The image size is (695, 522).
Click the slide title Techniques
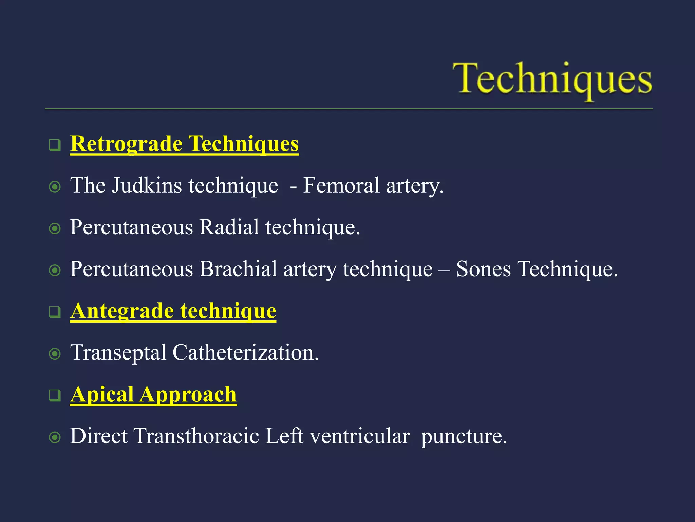click(552, 79)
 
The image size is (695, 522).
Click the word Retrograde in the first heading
click(126, 143)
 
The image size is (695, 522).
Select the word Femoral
click(341, 186)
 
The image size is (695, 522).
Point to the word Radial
click(229, 227)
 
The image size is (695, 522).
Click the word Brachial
click(238, 269)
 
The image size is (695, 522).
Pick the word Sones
click(483, 269)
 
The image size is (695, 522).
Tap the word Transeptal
click(118, 352)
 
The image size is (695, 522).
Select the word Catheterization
click(245, 352)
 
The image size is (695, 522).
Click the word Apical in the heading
click(102, 395)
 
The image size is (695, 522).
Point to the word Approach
click(188, 395)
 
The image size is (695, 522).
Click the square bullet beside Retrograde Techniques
click(55, 145)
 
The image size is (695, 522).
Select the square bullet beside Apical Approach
click(55, 396)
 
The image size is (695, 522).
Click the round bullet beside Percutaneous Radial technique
click(55, 228)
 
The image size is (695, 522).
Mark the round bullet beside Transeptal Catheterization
click(55, 354)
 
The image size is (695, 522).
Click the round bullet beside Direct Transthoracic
click(55, 437)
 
